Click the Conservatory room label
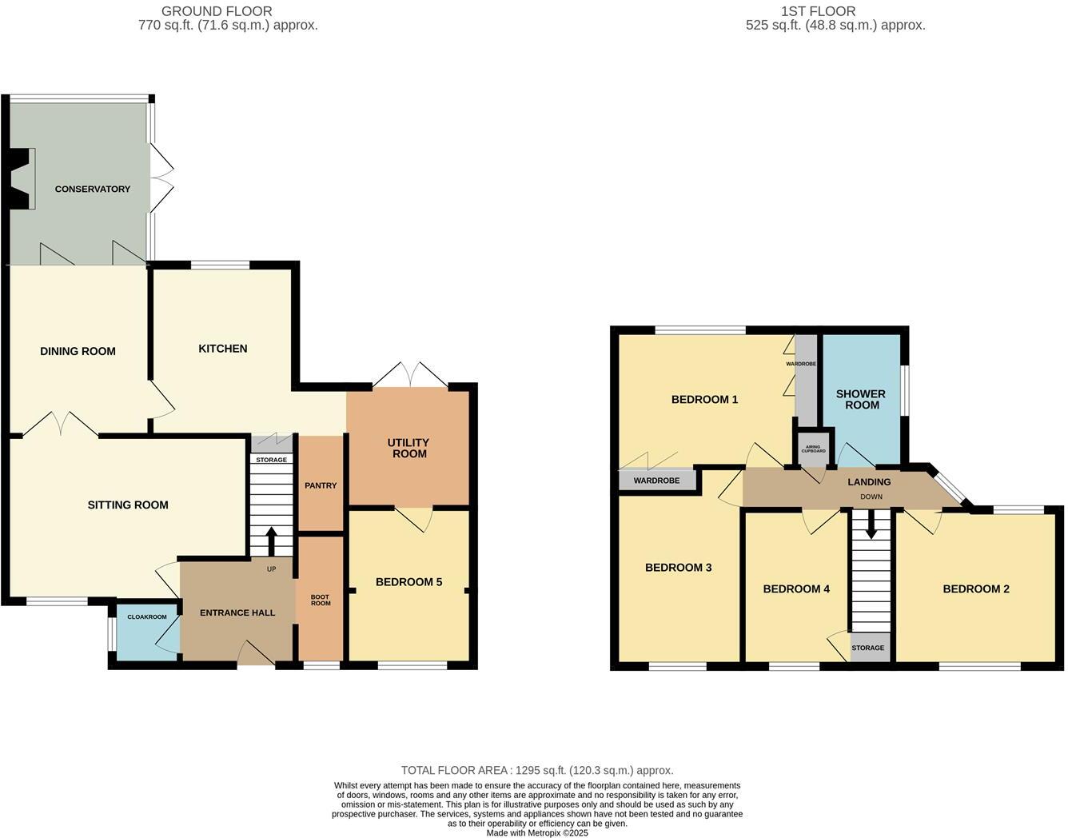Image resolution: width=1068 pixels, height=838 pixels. (x=92, y=190)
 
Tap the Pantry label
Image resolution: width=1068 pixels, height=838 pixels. (x=321, y=485)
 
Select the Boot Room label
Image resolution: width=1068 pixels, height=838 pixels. (x=321, y=600)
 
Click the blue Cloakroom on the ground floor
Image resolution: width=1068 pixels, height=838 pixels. (x=146, y=632)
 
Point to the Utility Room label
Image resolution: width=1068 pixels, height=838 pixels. (x=408, y=448)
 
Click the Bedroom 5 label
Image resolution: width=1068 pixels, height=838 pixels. (x=408, y=582)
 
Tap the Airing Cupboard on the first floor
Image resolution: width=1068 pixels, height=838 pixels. (x=814, y=449)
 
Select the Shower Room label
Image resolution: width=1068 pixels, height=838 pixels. (x=860, y=399)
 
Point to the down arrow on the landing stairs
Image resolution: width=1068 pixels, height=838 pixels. (x=871, y=525)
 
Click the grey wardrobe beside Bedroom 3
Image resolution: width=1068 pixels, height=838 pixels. (x=656, y=481)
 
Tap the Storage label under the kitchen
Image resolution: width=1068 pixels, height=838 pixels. (x=272, y=460)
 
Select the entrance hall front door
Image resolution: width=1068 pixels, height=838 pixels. (x=256, y=653)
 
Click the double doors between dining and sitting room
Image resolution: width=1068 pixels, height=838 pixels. (x=60, y=424)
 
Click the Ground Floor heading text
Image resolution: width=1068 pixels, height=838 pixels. (x=217, y=11)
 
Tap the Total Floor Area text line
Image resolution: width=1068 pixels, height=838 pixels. (x=537, y=770)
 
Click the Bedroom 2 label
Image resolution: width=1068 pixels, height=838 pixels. (x=975, y=589)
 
